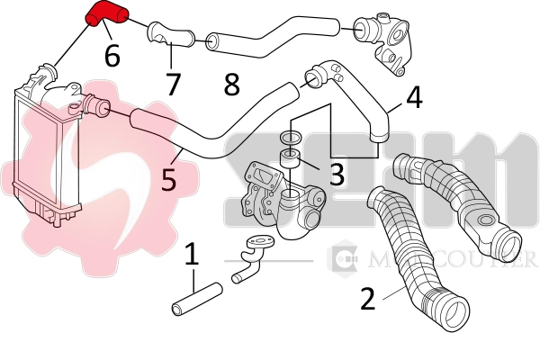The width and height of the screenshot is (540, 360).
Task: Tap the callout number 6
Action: [112, 56]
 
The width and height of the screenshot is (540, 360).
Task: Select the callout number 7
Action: [173, 84]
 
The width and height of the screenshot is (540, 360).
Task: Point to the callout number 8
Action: [231, 85]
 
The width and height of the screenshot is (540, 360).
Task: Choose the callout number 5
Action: [168, 179]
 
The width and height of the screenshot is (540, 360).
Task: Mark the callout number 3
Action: [336, 174]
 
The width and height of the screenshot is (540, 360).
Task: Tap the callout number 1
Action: [191, 256]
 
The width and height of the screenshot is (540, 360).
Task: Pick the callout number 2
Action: [367, 298]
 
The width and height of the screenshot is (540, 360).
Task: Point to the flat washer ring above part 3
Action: [291, 137]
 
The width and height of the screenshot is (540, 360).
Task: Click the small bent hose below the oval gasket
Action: [245, 268]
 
